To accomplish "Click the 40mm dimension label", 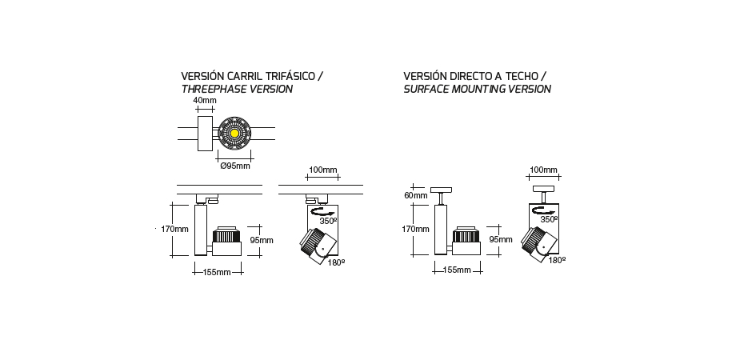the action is [x=205, y=100].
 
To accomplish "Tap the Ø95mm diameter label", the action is [x=235, y=166].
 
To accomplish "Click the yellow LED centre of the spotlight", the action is [x=234, y=134].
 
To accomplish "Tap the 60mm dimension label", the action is [x=416, y=195].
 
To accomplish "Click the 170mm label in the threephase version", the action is [x=174, y=229].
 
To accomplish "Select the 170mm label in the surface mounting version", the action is [x=416, y=229].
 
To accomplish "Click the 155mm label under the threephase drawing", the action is [x=217, y=272].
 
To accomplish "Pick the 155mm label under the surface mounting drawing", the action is [x=457, y=270].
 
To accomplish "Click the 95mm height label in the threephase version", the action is [x=262, y=240].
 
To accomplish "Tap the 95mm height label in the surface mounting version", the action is [x=501, y=239].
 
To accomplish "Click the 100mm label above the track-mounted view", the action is [x=322, y=170].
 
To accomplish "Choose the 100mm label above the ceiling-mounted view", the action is [x=543, y=170].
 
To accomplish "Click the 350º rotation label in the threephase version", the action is [x=328, y=221].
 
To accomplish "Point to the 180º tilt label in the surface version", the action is [x=557, y=260].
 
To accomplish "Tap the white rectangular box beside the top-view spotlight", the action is [x=205, y=134].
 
